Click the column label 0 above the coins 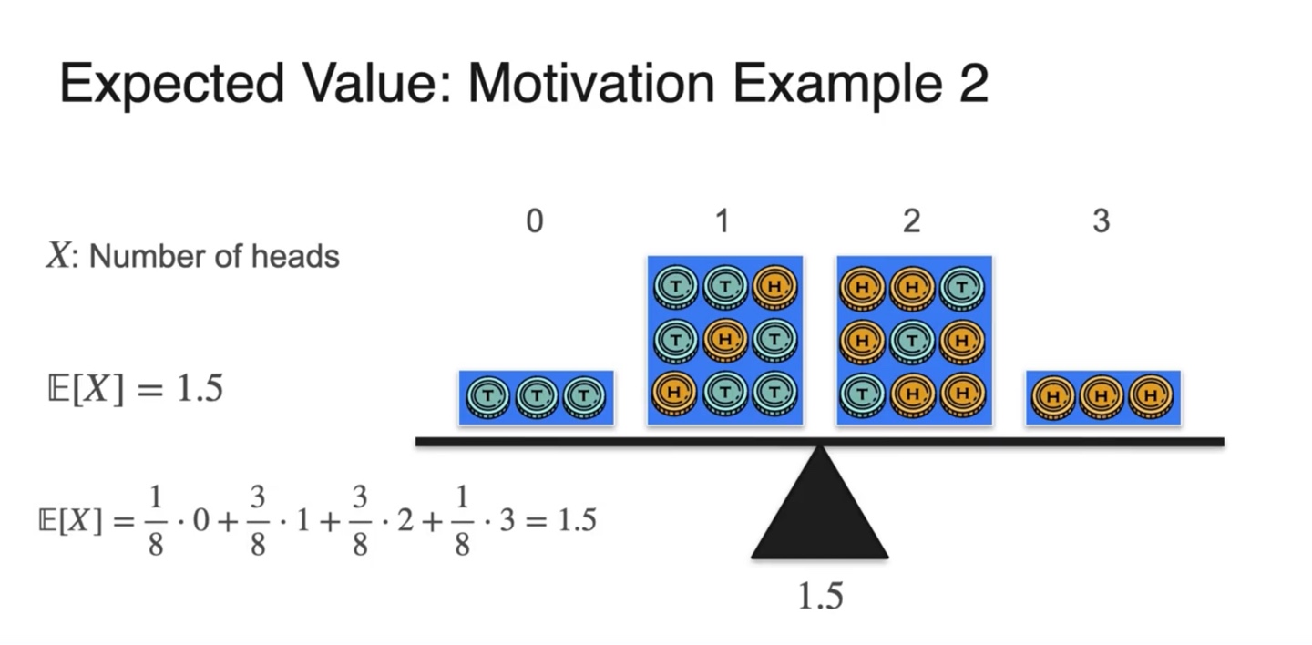[x=535, y=221]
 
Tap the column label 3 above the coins [x=1101, y=221]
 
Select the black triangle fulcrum [x=819, y=507]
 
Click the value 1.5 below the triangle [x=820, y=597]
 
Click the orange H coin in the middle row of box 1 [x=725, y=340]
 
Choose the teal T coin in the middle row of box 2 [x=912, y=340]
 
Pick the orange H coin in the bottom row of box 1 [x=675, y=394]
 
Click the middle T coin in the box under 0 [x=536, y=396]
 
